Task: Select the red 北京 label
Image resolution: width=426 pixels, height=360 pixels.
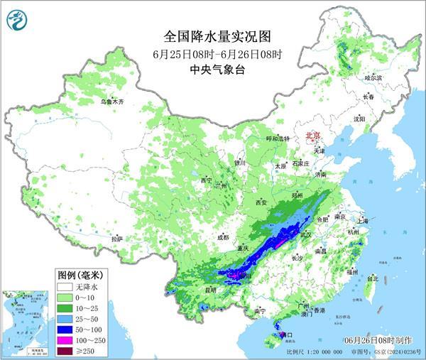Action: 312,135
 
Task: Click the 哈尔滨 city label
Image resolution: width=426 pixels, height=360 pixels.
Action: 373,77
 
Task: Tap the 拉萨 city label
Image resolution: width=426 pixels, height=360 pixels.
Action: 116,239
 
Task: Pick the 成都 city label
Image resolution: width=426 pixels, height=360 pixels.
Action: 224,237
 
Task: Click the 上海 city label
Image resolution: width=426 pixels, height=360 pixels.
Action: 364,221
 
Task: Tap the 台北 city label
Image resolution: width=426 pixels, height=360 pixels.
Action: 372,278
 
